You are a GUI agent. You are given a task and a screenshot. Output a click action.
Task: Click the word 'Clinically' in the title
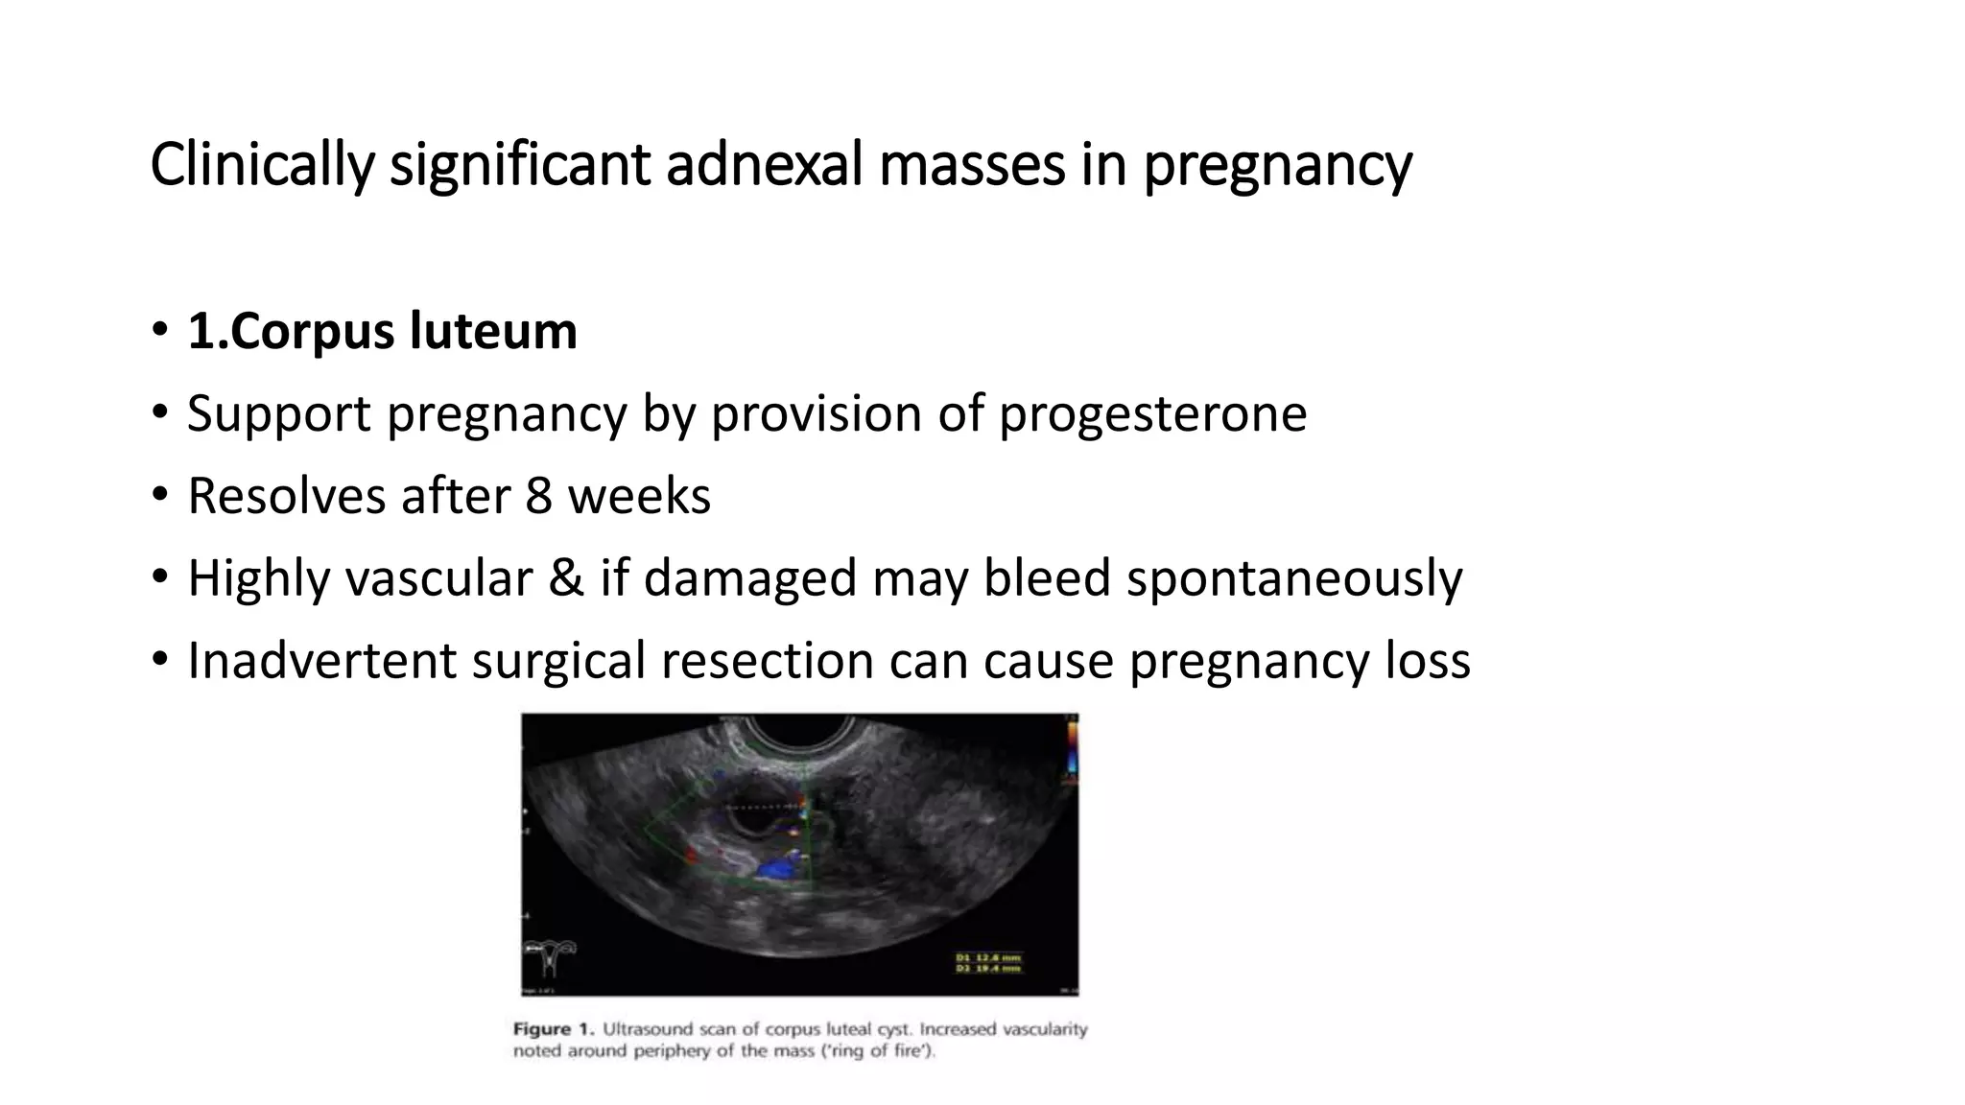tap(261, 165)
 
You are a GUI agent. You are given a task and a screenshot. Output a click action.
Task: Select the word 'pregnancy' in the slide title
tap(1277, 165)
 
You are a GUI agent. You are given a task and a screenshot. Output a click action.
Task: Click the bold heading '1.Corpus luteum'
tap(382, 332)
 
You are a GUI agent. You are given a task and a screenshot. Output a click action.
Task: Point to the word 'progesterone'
tap(1152, 414)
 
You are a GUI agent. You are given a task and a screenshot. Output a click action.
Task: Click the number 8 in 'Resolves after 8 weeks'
tap(538, 497)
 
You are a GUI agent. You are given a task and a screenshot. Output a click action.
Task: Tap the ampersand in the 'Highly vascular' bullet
tap(566, 578)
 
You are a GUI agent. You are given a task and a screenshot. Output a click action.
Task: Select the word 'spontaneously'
tap(1294, 578)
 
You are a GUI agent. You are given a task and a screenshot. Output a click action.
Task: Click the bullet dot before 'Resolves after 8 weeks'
tap(159, 497)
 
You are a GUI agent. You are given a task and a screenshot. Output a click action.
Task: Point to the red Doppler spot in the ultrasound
tap(690, 855)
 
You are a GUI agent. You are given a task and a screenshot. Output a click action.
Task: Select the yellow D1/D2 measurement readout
tap(987, 962)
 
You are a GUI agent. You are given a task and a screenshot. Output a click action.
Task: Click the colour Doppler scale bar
tap(1072, 748)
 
